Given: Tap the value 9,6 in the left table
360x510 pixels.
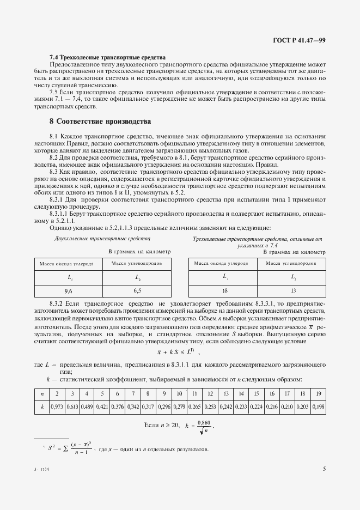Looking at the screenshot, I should [x=68, y=291].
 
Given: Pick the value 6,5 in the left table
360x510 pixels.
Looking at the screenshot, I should [x=138, y=291].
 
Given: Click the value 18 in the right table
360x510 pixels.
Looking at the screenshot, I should [x=224, y=291].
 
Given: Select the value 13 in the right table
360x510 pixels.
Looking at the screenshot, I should [x=293, y=291].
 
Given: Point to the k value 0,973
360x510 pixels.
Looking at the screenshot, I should [x=57, y=406].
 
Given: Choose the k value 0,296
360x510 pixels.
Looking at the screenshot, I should [x=163, y=406].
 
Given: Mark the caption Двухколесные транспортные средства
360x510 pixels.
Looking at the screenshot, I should [x=95, y=239].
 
